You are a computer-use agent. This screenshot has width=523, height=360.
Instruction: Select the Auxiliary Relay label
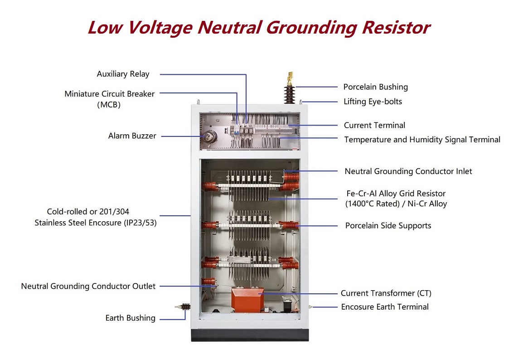(123, 74)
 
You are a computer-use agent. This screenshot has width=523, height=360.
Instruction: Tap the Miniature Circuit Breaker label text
(109, 94)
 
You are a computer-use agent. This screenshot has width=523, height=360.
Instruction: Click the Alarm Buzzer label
(132, 136)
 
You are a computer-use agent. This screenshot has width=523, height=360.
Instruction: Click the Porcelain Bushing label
(375, 87)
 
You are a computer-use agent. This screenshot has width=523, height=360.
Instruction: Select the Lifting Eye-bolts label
(373, 102)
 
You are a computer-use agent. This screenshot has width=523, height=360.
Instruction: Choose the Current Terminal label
(374, 125)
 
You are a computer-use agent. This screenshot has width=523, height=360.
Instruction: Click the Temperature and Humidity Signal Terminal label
(422, 140)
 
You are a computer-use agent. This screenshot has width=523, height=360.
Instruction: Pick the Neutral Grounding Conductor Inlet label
(408, 171)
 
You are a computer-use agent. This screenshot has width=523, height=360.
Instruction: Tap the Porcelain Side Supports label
(388, 225)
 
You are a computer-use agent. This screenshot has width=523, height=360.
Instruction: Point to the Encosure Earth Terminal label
(384, 307)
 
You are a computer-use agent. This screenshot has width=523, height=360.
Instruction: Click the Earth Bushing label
(130, 318)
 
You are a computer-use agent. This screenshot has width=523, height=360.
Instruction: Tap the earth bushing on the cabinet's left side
(184, 307)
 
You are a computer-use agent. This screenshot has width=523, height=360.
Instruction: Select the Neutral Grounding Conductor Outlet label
(88, 286)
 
